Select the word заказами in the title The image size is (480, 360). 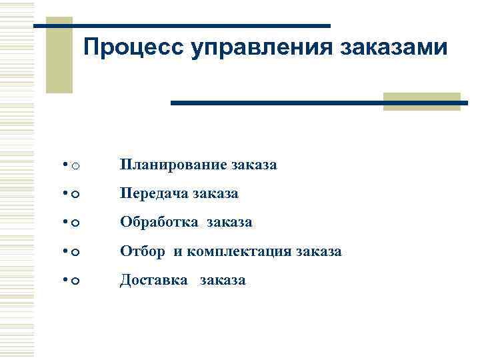pyautogui.click(x=394, y=48)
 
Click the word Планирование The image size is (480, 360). pyautogui.click(x=173, y=165)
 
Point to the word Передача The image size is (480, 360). pyautogui.click(x=154, y=193)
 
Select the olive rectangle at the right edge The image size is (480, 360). pyautogui.click(x=421, y=101)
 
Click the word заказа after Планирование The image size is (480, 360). pyautogui.click(x=254, y=165)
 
